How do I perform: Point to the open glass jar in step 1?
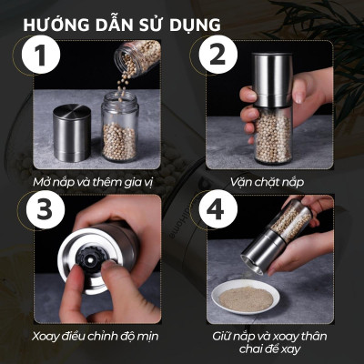[x=118, y=132]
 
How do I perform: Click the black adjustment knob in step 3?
[x=91, y=259]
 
